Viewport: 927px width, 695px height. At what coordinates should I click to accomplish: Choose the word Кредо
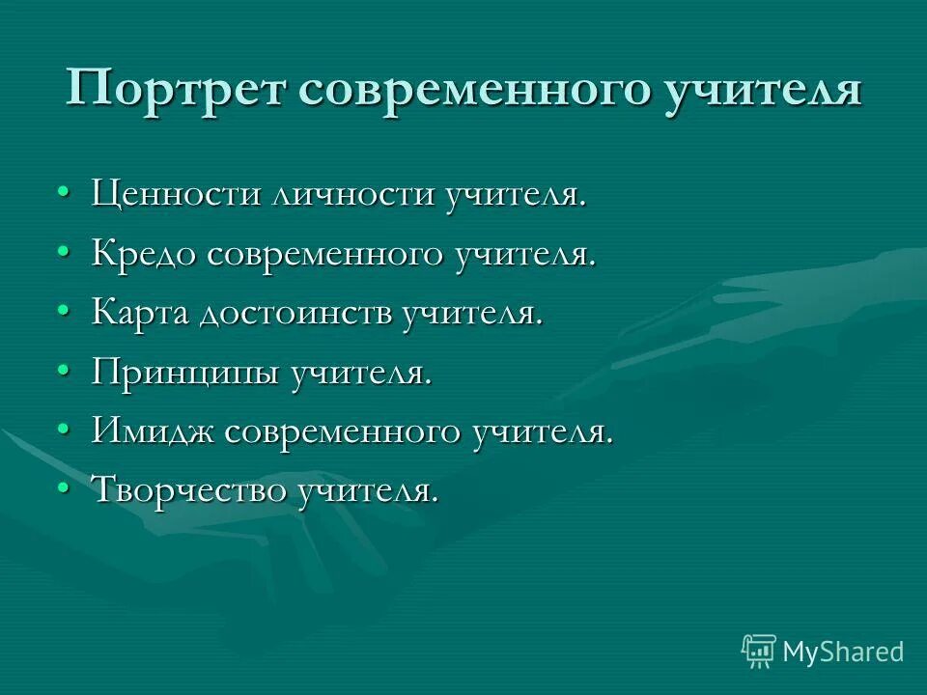coord(145,254)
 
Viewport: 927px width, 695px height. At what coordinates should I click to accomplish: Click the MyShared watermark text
coord(843,652)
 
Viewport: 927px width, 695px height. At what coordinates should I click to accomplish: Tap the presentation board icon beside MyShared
coord(759,651)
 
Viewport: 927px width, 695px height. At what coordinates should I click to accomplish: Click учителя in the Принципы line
coord(360,373)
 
